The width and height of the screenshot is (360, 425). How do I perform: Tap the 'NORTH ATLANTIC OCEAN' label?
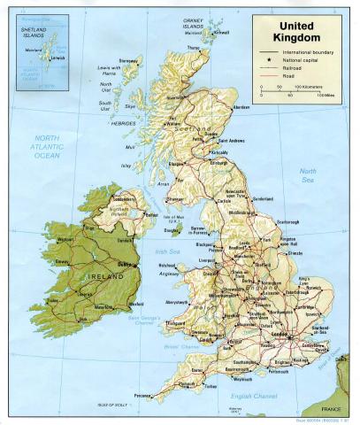click(x=46, y=145)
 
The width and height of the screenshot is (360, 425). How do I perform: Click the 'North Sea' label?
click(x=308, y=174)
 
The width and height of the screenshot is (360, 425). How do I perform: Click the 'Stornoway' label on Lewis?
click(x=130, y=61)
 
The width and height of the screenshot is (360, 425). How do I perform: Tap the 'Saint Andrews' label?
click(x=234, y=141)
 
